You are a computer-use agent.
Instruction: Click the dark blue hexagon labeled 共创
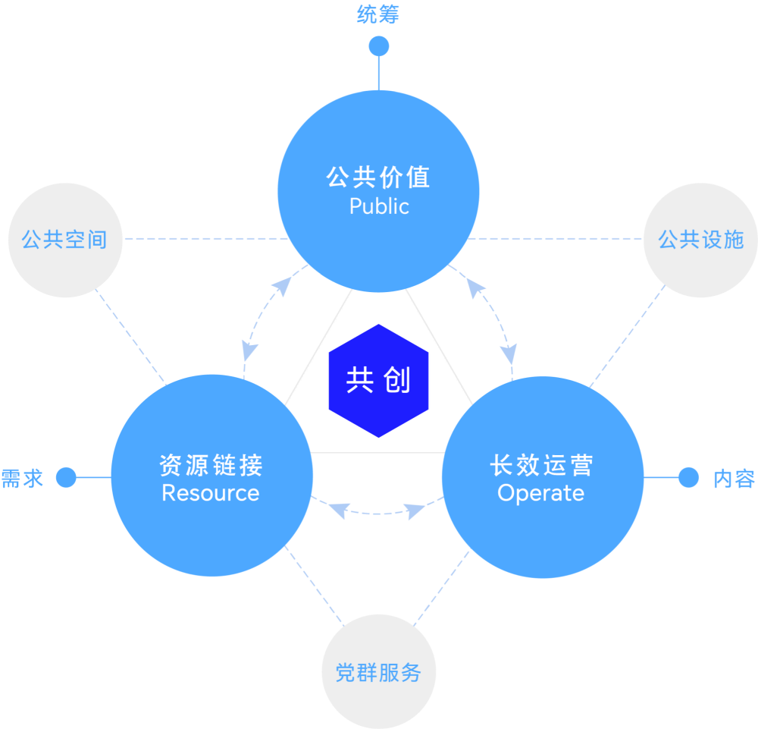378,381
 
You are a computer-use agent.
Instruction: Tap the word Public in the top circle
379,206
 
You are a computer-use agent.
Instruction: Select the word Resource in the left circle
211,493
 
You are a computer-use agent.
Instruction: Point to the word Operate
541,493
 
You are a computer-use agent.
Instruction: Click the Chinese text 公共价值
379,178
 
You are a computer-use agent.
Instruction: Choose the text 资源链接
211,464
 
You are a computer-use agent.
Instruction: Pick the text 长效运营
541,464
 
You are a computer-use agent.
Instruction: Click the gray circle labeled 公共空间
64,240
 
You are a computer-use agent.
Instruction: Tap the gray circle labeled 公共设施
700,240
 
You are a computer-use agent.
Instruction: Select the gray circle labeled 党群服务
378,672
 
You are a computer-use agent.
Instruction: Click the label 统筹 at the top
378,14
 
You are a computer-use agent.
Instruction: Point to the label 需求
22,478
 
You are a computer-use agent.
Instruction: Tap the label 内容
734,479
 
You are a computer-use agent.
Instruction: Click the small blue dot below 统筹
379,46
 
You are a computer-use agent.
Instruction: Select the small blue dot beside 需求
67,477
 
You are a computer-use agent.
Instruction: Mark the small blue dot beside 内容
688,477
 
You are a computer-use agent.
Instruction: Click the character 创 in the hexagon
397,380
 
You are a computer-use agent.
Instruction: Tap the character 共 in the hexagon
359,380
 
